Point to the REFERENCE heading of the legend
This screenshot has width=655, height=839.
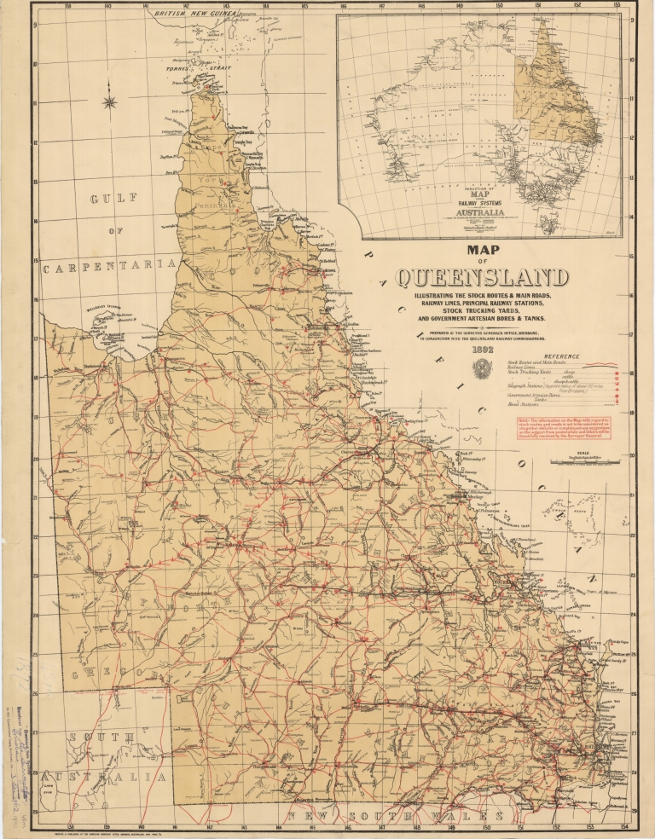click(559, 356)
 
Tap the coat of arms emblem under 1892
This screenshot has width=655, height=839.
click(483, 367)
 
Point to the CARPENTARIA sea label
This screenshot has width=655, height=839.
click(109, 267)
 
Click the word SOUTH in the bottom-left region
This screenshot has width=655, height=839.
click(101, 737)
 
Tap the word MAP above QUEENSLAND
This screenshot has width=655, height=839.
click(482, 251)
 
